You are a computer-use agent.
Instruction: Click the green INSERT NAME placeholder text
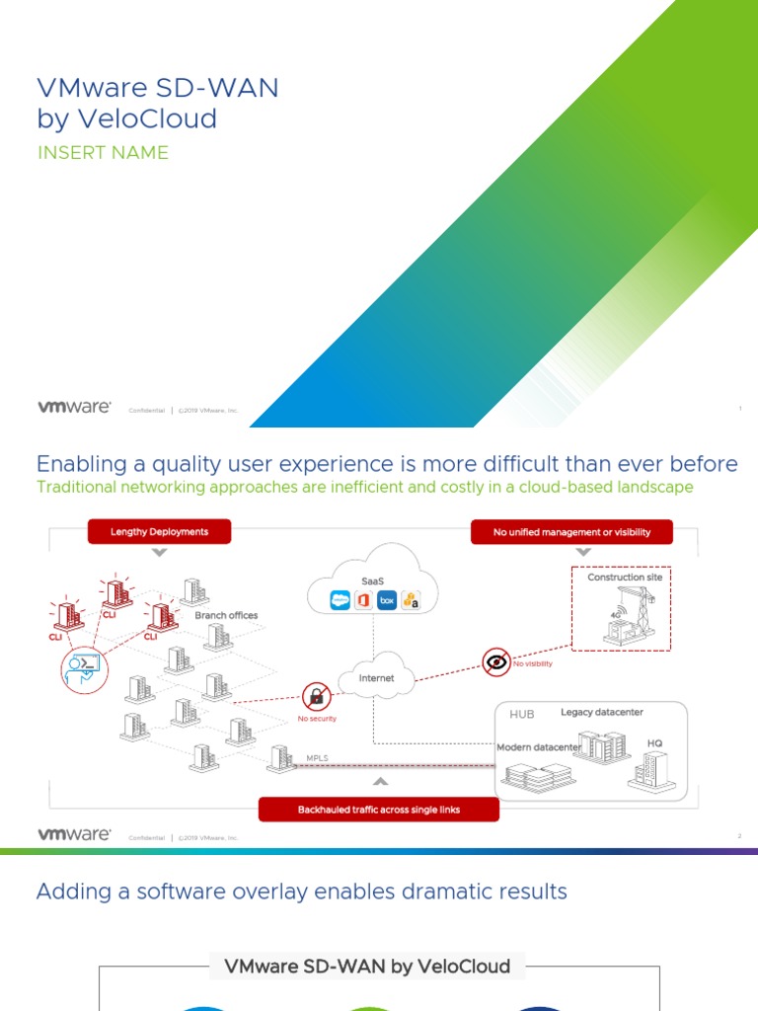tap(103, 153)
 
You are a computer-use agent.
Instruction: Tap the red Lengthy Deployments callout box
tap(159, 531)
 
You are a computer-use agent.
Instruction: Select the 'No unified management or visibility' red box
tap(572, 532)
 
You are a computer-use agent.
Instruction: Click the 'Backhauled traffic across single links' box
tap(379, 810)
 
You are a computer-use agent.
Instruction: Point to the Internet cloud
tap(376, 677)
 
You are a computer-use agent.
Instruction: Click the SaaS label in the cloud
tap(372, 582)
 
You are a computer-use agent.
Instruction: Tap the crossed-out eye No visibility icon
tap(496, 661)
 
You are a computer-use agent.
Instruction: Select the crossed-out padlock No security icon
tap(317, 696)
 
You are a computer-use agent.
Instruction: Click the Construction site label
tap(625, 577)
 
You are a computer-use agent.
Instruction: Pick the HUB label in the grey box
tap(521, 714)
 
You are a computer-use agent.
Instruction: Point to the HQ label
tap(655, 742)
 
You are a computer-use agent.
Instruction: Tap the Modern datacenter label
tap(539, 747)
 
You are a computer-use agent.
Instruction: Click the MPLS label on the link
tap(318, 758)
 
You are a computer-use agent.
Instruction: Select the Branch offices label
tap(226, 615)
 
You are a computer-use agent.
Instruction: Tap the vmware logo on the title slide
tap(74, 407)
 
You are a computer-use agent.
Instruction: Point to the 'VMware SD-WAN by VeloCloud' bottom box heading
tap(367, 966)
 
